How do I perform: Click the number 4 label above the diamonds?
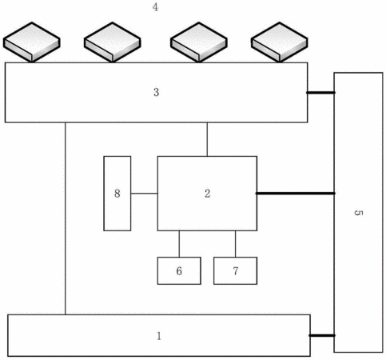155,7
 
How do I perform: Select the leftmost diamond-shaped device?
32,42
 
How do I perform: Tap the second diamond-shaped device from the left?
113,42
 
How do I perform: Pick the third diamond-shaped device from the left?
199,42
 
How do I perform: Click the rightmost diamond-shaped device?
280,42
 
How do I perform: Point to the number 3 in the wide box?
157,92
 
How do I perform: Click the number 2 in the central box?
207,194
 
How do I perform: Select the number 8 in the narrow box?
117,194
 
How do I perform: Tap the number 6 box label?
179,271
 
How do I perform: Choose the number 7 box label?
236,271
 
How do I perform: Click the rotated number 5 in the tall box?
359,213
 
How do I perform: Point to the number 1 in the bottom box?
159,336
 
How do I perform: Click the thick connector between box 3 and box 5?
320,93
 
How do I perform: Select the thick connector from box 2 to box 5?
296,193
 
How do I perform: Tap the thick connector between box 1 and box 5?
322,335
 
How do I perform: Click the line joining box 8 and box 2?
144,194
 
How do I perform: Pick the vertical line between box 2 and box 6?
179,244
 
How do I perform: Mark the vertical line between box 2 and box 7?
235,244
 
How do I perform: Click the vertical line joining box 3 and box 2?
207,139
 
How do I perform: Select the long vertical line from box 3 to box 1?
66,218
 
